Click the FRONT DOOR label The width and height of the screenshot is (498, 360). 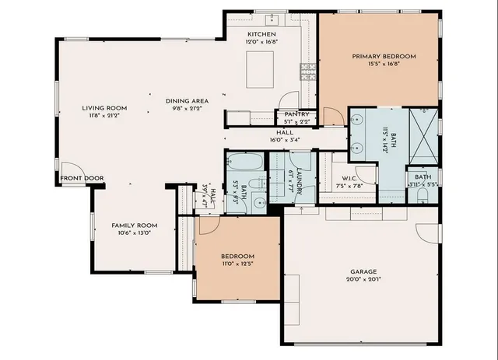[82, 178]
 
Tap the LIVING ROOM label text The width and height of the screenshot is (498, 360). [106, 108]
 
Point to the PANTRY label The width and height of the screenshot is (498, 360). [296, 114]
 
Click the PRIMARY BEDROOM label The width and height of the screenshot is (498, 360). [384, 56]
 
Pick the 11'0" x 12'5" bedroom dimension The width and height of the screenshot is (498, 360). [237, 264]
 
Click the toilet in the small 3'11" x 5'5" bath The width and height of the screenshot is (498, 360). [421, 197]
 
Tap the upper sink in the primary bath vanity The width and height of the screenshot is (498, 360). [356, 121]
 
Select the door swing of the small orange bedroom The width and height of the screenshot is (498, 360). [208, 225]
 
